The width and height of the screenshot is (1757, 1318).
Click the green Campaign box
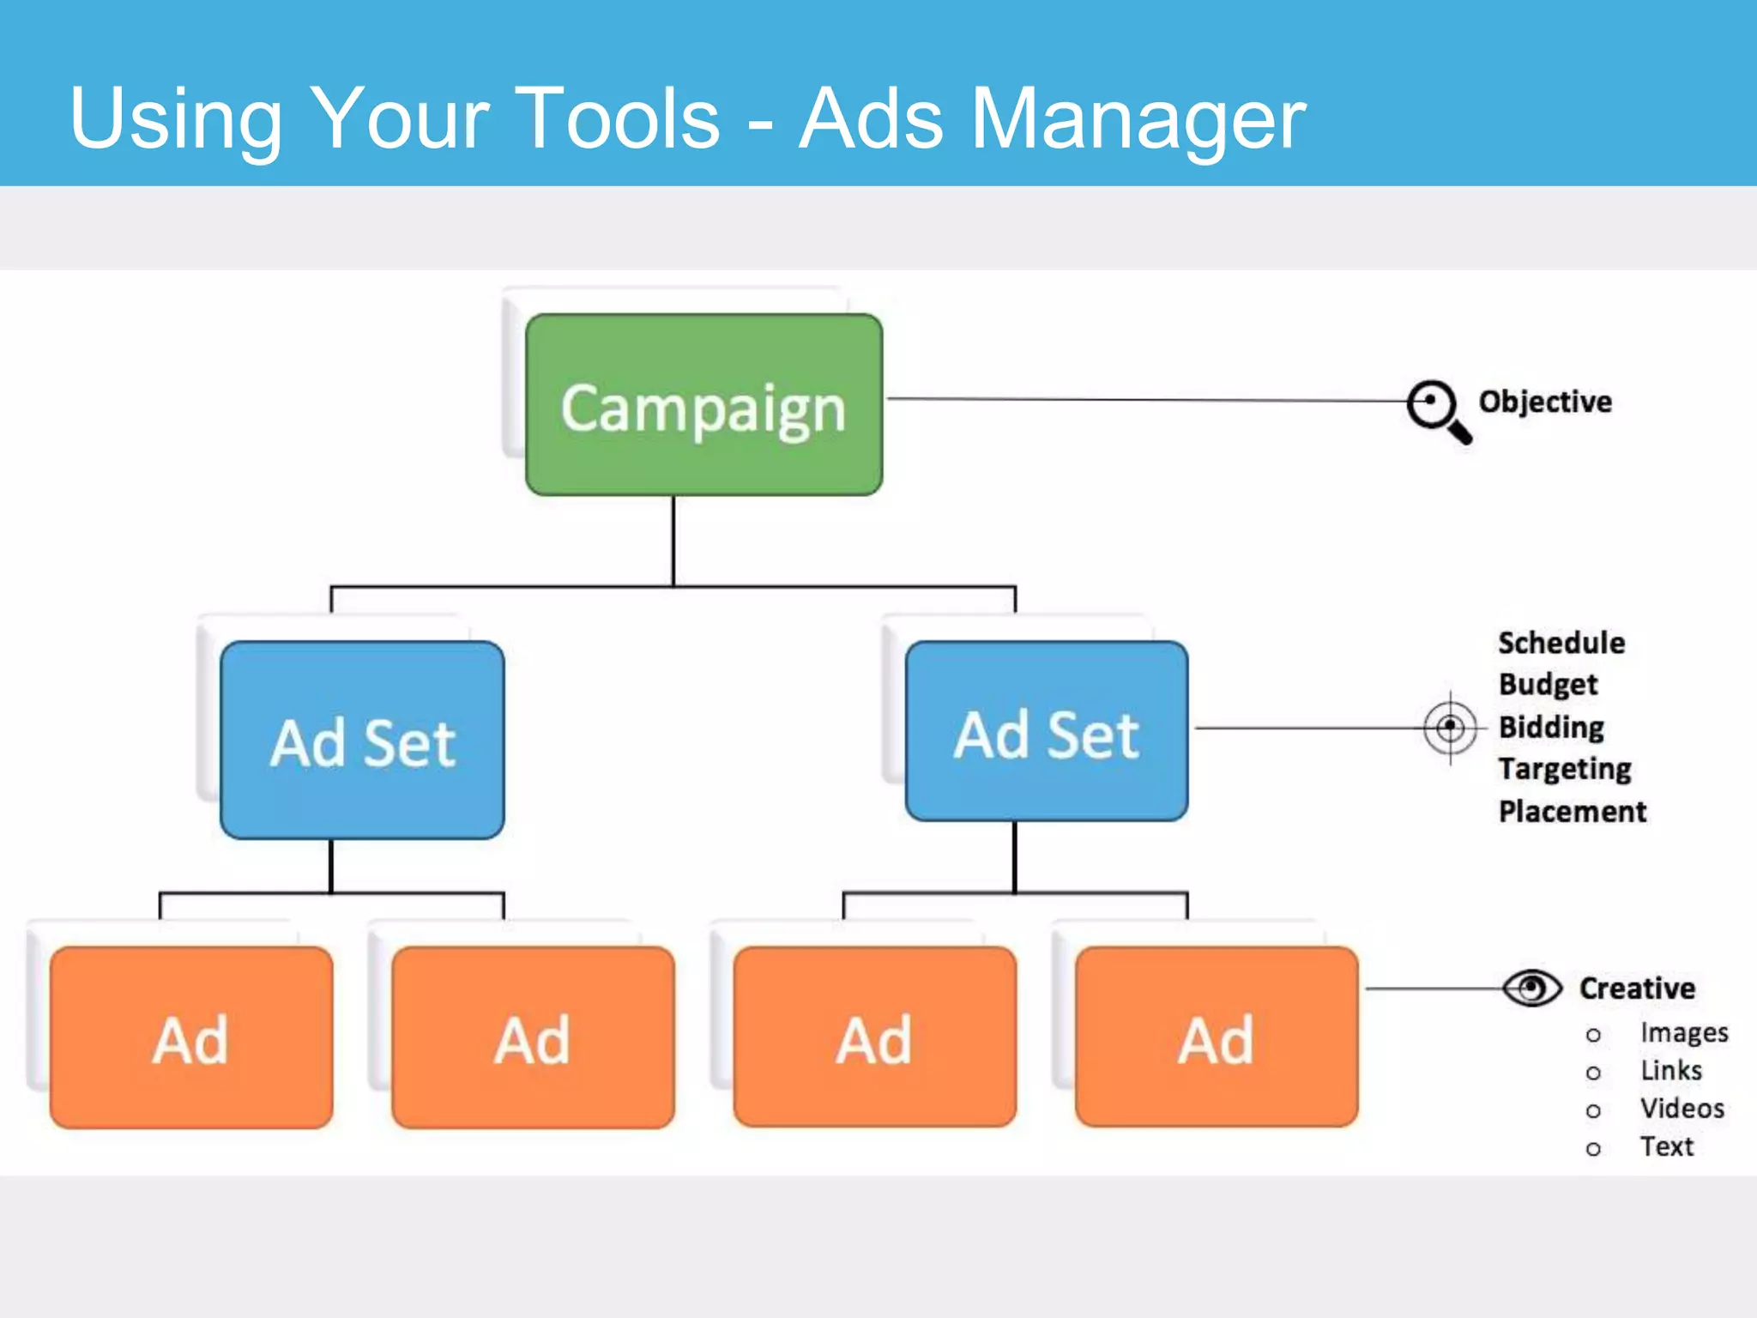[x=703, y=405]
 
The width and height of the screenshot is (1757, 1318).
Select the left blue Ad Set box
[x=362, y=741]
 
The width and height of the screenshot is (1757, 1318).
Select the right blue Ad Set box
[x=1047, y=732]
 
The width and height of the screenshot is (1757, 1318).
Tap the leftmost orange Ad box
[x=191, y=1037]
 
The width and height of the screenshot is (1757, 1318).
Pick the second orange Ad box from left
[x=533, y=1037]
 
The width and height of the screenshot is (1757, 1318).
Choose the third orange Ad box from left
[x=874, y=1037]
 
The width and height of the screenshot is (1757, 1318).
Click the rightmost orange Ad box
[x=1217, y=1037]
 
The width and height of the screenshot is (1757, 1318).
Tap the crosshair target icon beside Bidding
[x=1450, y=728]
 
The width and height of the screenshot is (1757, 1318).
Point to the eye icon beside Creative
[x=1532, y=988]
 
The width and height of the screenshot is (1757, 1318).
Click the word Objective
[x=1544, y=402]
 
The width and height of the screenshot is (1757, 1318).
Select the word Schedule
[x=1561, y=643]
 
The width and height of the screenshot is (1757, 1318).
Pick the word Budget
[x=1548, y=685]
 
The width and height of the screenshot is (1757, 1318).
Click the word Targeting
[x=1565, y=769]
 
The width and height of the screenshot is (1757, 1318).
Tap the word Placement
[x=1572, y=811]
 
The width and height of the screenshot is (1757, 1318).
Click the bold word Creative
[x=1637, y=988]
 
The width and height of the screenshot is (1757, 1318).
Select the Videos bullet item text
[x=1682, y=1109]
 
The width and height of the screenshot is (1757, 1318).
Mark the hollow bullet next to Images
[x=1593, y=1036]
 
